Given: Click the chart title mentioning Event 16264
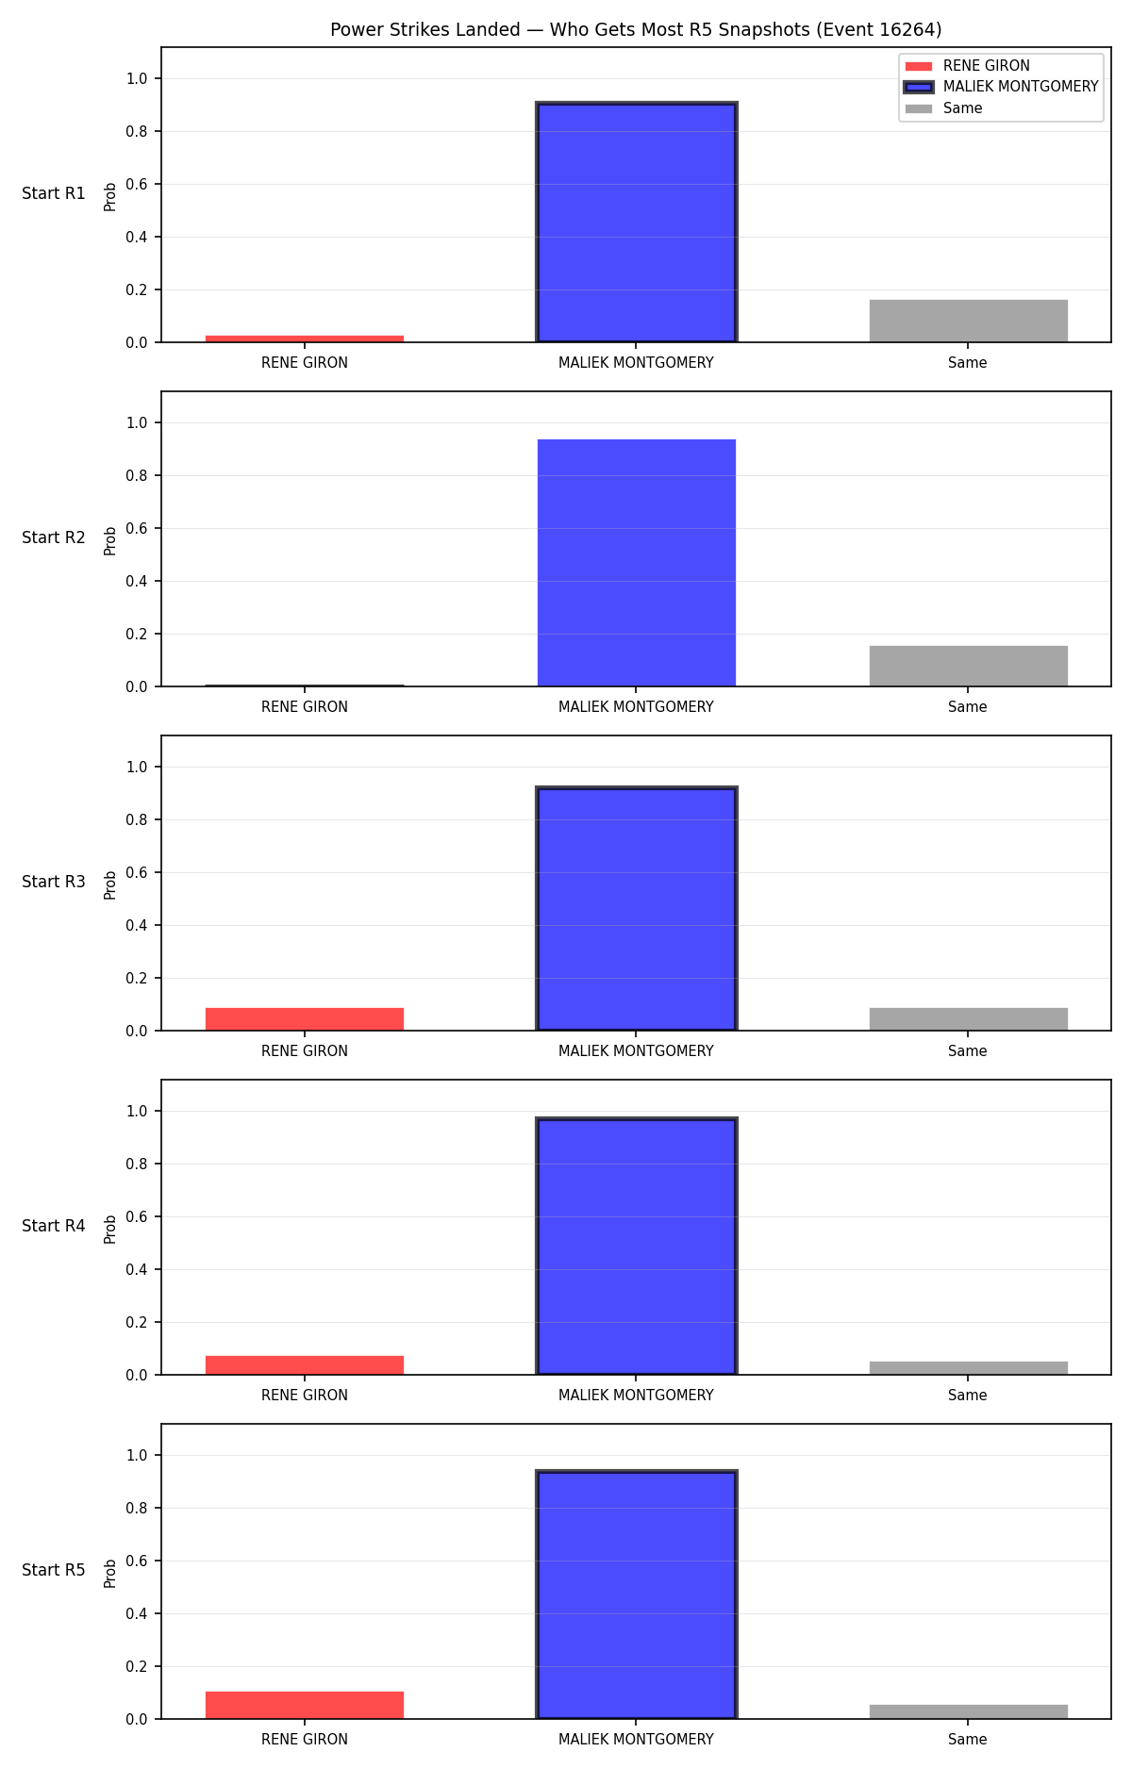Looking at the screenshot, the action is click(636, 30).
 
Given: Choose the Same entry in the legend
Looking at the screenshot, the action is click(943, 108).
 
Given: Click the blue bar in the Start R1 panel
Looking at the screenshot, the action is click(637, 223).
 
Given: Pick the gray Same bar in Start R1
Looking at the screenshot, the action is click(969, 322).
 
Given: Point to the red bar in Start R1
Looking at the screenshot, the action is click(305, 339).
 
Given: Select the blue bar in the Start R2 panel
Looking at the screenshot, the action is click(637, 563).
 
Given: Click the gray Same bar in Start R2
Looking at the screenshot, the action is click(969, 666).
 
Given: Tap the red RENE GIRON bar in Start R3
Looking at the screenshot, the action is click(305, 1019).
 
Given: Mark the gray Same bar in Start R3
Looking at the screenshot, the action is click(969, 1019).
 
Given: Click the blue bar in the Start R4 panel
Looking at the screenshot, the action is click(637, 1247).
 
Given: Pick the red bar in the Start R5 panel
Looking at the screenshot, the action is click(305, 1706).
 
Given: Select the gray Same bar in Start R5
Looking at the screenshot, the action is click(969, 1712).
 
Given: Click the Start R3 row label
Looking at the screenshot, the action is click(54, 882).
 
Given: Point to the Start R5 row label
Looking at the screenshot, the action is click(54, 1570).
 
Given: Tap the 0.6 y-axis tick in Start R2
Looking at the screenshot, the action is click(137, 528).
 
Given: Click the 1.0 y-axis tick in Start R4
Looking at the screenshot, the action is click(137, 1111).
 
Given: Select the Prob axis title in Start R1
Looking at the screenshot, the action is click(110, 196).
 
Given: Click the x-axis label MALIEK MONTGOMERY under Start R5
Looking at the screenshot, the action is click(636, 1740).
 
